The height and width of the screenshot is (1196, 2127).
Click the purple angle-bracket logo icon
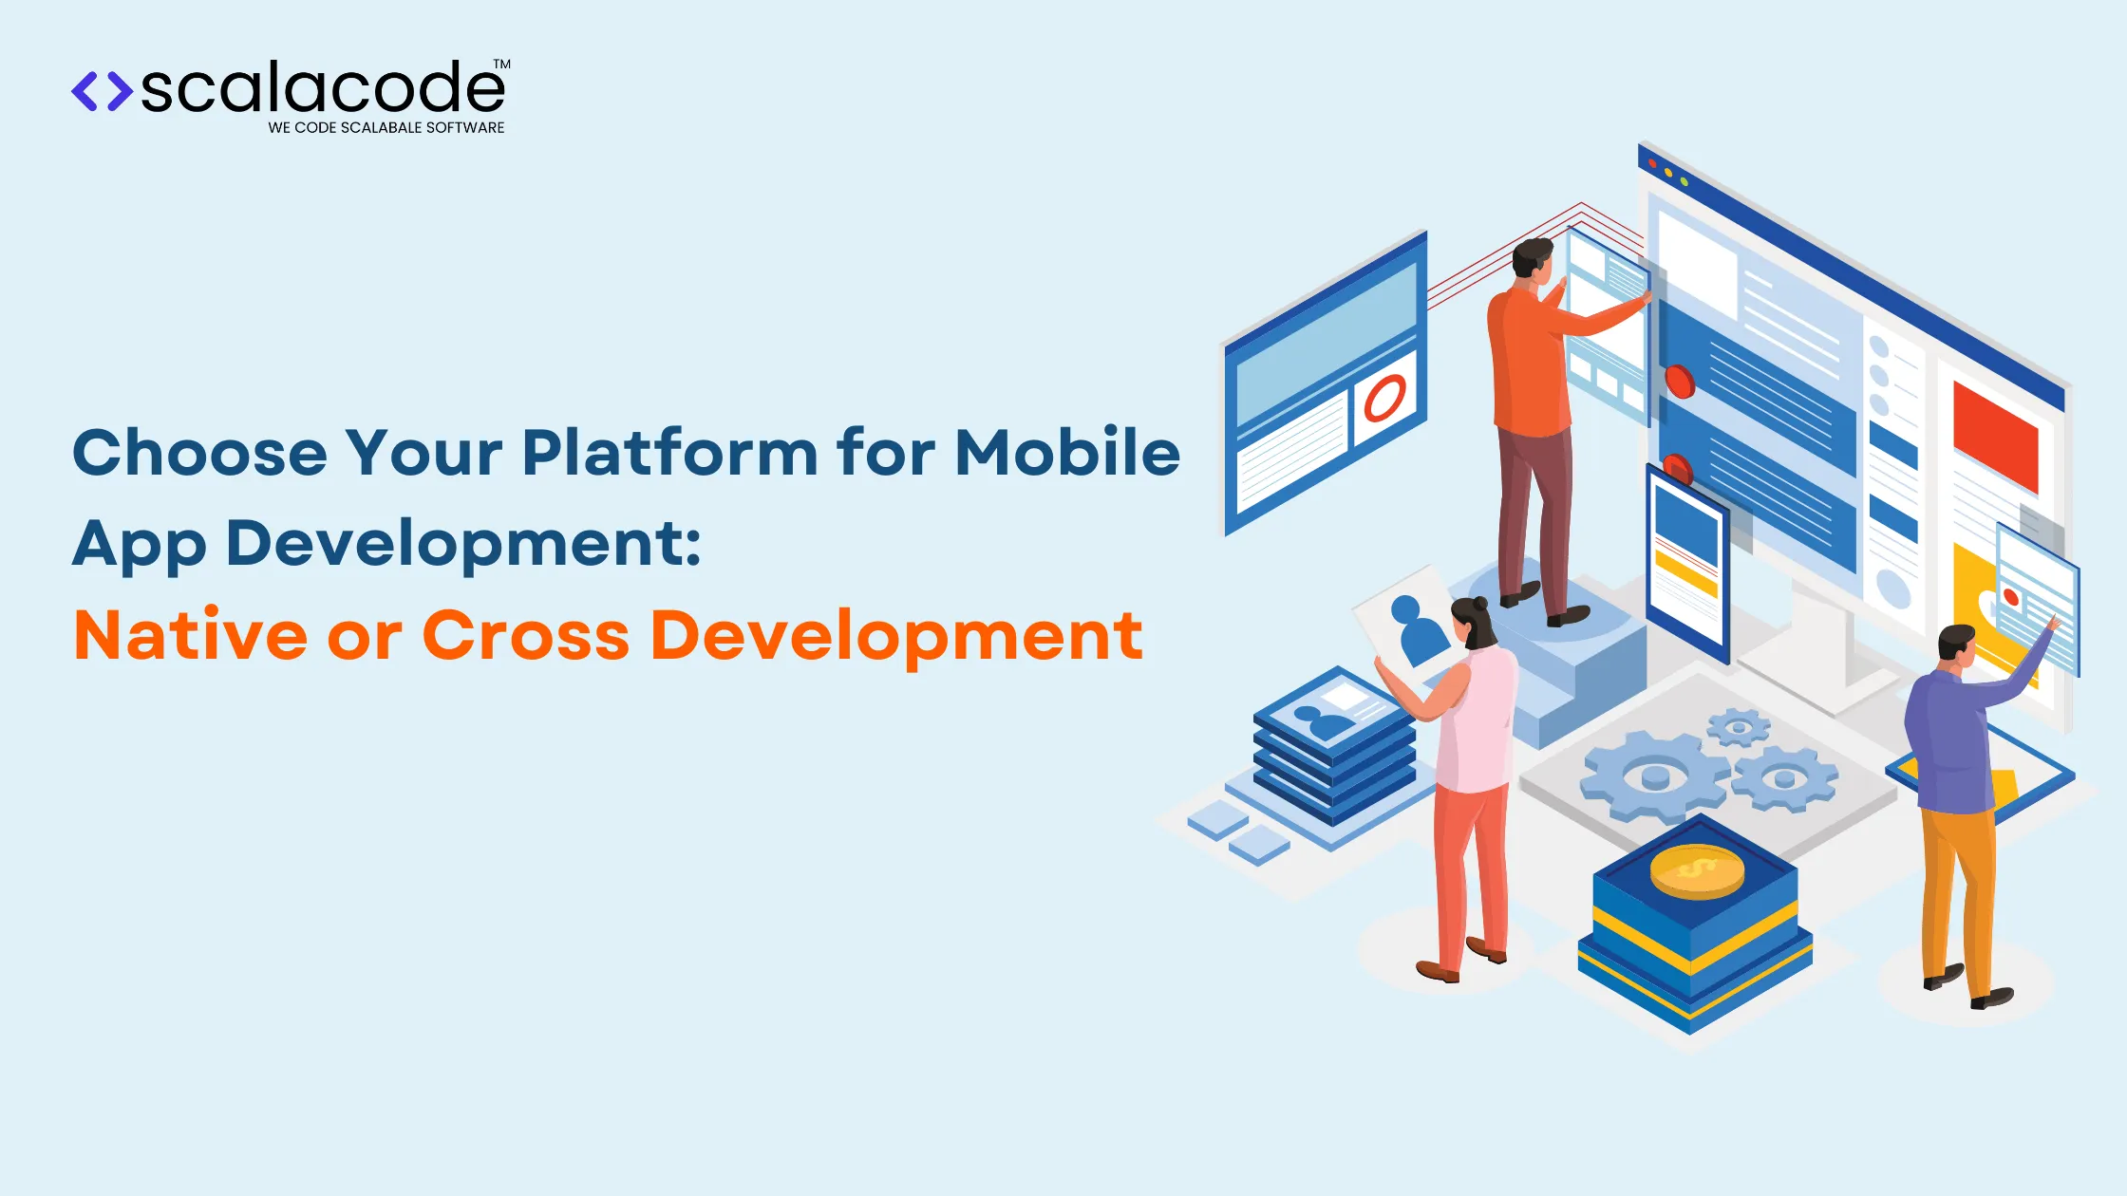click(x=102, y=91)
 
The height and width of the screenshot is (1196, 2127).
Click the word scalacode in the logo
click(x=323, y=88)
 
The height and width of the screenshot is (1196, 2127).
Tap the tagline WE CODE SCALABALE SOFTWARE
click(x=386, y=128)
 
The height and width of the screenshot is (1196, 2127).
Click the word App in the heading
click(x=139, y=545)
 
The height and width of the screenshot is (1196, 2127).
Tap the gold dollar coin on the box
click(x=1697, y=869)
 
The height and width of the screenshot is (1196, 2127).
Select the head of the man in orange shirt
click(x=1533, y=259)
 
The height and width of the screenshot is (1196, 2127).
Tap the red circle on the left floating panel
click(x=1384, y=398)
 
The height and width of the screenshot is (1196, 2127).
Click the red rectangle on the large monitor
click(x=1995, y=437)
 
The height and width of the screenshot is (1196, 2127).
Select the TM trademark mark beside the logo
click(x=502, y=65)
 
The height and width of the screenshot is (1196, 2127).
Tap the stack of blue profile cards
click(x=1334, y=750)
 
